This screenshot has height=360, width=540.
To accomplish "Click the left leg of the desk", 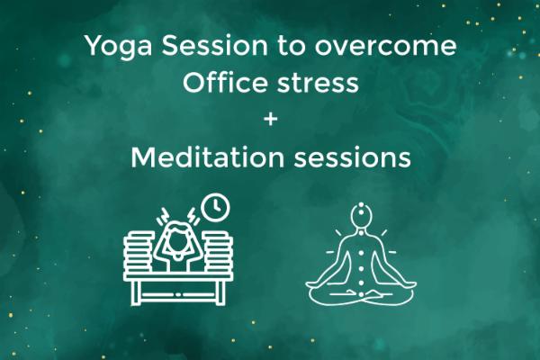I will [135, 293].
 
